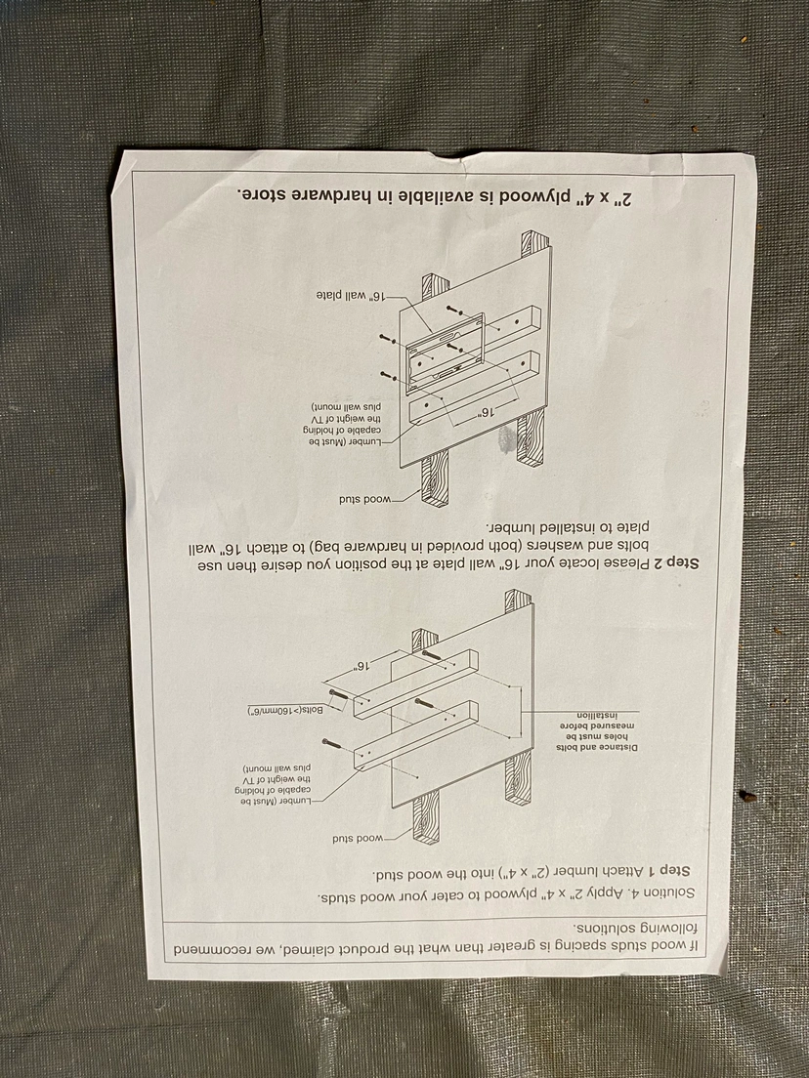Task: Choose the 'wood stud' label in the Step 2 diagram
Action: [x=364, y=499]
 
